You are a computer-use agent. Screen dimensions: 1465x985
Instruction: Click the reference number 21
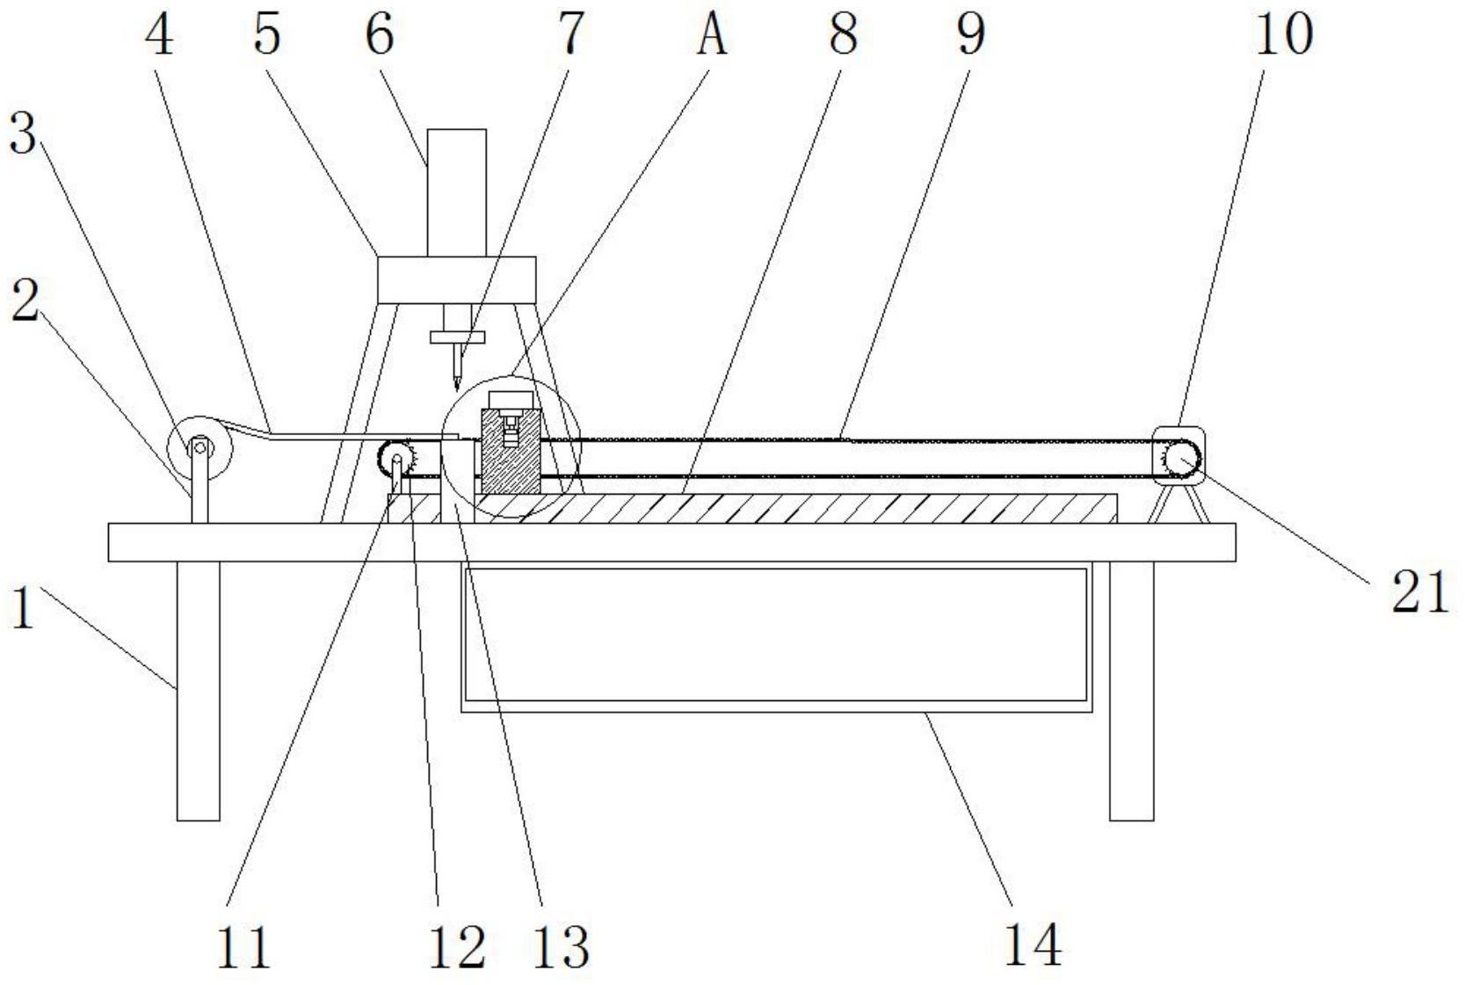point(1420,592)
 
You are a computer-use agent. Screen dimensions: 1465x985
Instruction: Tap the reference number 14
point(1033,945)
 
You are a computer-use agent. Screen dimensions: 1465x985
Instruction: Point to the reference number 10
point(1284,34)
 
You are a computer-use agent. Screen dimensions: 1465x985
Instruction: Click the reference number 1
point(23,608)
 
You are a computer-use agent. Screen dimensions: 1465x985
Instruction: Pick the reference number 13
point(562,945)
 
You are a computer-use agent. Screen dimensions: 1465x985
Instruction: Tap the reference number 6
point(380,34)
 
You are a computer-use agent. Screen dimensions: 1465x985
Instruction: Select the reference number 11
point(243,945)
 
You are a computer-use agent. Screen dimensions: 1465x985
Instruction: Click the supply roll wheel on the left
point(200,448)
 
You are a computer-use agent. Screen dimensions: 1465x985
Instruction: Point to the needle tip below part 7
point(456,390)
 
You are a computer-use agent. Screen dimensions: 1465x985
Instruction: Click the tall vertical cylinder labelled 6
point(456,192)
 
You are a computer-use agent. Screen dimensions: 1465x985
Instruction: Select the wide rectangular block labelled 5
point(456,280)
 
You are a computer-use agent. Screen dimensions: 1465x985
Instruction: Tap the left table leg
point(198,691)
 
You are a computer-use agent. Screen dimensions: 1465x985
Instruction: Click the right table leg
point(1131,691)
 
